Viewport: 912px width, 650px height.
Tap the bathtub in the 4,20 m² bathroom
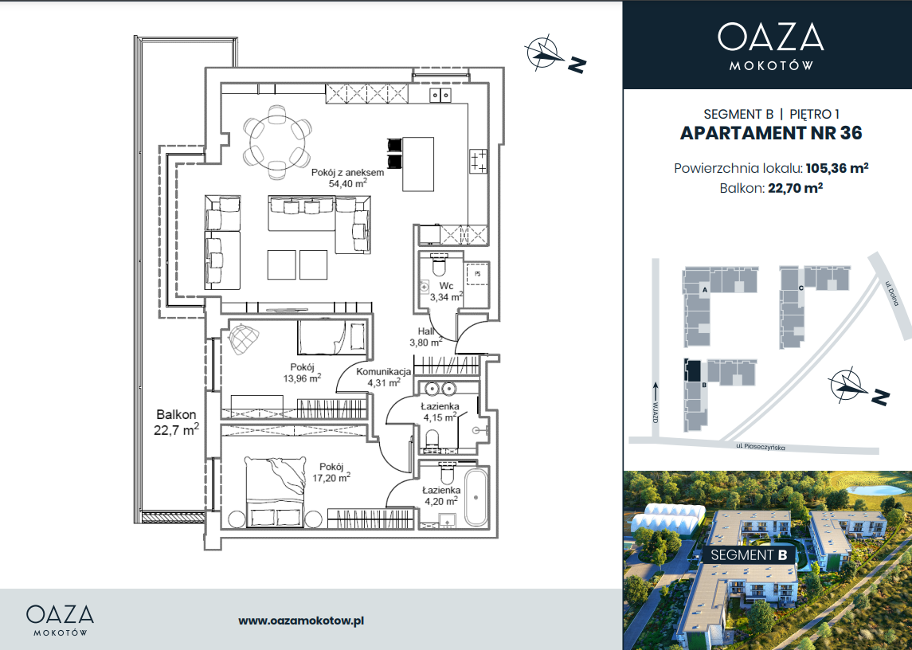click(x=476, y=498)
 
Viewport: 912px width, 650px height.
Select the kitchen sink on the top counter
click(x=440, y=95)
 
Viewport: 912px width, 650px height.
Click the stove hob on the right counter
click(x=478, y=161)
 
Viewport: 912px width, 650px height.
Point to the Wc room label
click(x=446, y=286)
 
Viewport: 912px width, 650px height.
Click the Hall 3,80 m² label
click(x=426, y=337)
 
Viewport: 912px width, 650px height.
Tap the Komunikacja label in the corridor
click(x=383, y=371)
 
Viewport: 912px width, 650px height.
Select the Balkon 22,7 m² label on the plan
click(x=177, y=422)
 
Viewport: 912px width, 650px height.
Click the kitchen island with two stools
click(x=418, y=164)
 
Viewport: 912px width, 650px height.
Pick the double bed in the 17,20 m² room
click(x=276, y=491)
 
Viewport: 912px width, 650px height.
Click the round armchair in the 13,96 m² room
click(x=244, y=339)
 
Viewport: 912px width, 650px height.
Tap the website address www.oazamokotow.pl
click(x=301, y=621)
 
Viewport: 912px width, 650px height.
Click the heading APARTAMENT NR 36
click(x=771, y=133)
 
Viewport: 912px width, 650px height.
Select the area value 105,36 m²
click(x=837, y=168)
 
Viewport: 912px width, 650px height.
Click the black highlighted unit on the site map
click(x=693, y=370)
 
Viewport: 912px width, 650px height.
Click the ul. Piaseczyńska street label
click(x=760, y=446)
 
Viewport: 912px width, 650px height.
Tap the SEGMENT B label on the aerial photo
click(x=750, y=554)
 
